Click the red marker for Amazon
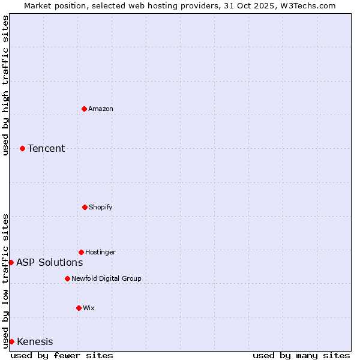pyautogui.click(x=84, y=109)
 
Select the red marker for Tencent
pyautogui.click(x=22, y=148)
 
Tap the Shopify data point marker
pyautogui.click(x=85, y=207)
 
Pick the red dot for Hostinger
pyautogui.click(x=81, y=252)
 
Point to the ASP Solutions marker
pyautogui.click(x=11, y=262)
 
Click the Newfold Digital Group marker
pyautogui.click(x=67, y=278)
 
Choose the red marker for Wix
pyautogui.click(x=79, y=308)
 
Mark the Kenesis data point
pyautogui.click(x=11, y=341)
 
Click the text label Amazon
pyautogui.click(x=101, y=109)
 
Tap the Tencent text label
pyautogui.click(x=46, y=148)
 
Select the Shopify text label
pyautogui.click(x=101, y=207)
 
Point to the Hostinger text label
pyautogui.click(x=100, y=252)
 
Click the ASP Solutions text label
pyautogui.click(x=49, y=262)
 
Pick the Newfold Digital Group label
pyautogui.click(x=106, y=278)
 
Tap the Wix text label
pyautogui.click(x=89, y=308)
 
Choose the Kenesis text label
pyautogui.click(x=35, y=341)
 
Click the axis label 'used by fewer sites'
pyautogui.click(x=62, y=355)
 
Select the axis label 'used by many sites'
pyautogui.click(x=301, y=355)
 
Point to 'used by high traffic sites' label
pyautogui.click(x=5, y=85)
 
